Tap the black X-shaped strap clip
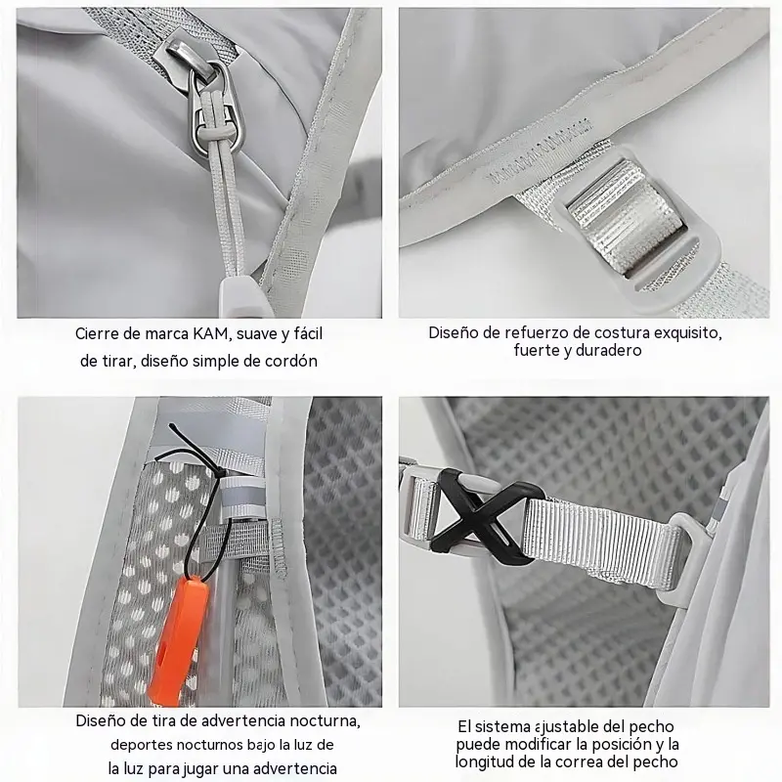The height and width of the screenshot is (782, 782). point(479,517)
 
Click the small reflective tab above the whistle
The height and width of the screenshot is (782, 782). point(240,498)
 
